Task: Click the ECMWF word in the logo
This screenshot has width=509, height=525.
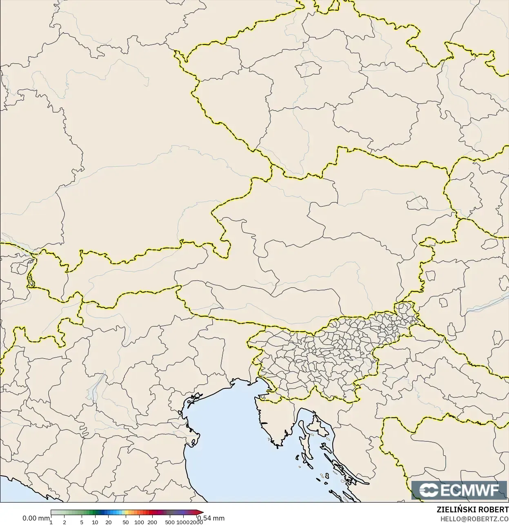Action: pyautogui.click(x=469, y=490)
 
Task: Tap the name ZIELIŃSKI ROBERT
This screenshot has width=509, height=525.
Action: pyautogui.click(x=472, y=510)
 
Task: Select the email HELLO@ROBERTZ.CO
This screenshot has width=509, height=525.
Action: pyautogui.click(x=474, y=519)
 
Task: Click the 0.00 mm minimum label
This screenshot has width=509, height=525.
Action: pyautogui.click(x=36, y=518)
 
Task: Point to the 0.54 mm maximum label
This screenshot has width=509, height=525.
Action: pyautogui.click(x=211, y=518)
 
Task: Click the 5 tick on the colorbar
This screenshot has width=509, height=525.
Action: pyautogui.click(x=82, y=522)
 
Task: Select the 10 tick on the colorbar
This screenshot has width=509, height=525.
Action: pyautogui.click(x=95, y=522)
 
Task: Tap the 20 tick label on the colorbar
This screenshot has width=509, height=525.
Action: pyautogui.click(x=108, y=522)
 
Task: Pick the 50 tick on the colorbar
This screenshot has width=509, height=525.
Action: pyautogui.click(x=126, y=522)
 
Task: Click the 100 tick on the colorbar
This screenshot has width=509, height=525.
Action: pyautogui.click(x=139, y=522)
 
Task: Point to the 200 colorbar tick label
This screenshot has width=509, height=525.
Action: pyautogui.click(x=152, y=522)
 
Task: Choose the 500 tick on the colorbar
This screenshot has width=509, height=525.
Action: pyautogui.click(x=170, y=522)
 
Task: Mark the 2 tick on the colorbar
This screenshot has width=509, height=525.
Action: pyautogui.click(x=64, y=522)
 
